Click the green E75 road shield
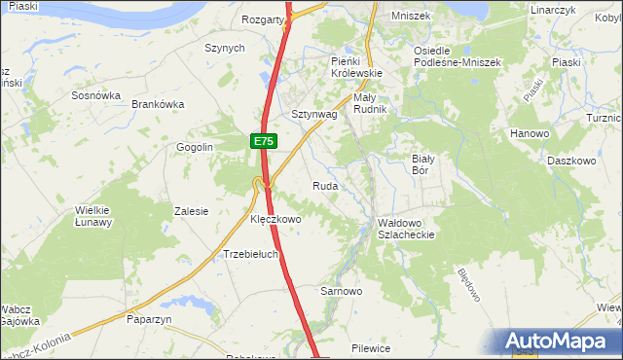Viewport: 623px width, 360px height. click(x=263, y=142)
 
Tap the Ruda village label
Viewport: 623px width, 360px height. click(x=325, y=185)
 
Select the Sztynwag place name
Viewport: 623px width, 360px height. click(x=313, y=114)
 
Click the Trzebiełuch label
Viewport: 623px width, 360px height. click(x=251, y=255)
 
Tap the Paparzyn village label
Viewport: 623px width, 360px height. click(x=149, y=318)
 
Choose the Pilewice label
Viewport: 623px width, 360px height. click(x=371, y=347)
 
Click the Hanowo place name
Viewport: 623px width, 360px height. click(x=530, y=132)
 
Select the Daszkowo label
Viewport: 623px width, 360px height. click(x=570, y=161)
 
